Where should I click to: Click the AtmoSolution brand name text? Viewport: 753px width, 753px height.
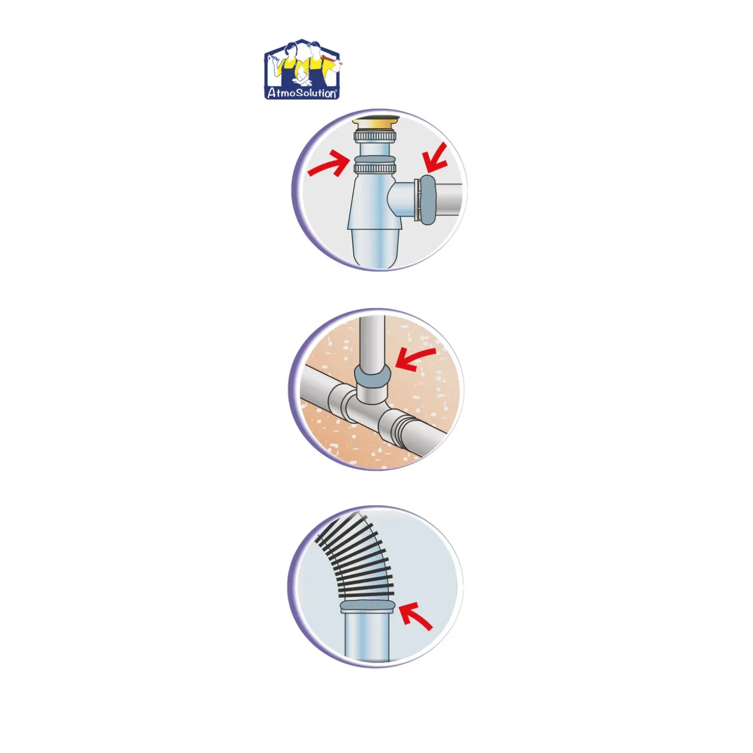[302, 94]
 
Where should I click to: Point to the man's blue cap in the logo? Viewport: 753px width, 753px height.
[313, 44]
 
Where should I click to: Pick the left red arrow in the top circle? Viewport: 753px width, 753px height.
[327, 166]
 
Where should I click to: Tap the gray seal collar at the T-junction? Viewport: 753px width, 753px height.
[372, 376]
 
